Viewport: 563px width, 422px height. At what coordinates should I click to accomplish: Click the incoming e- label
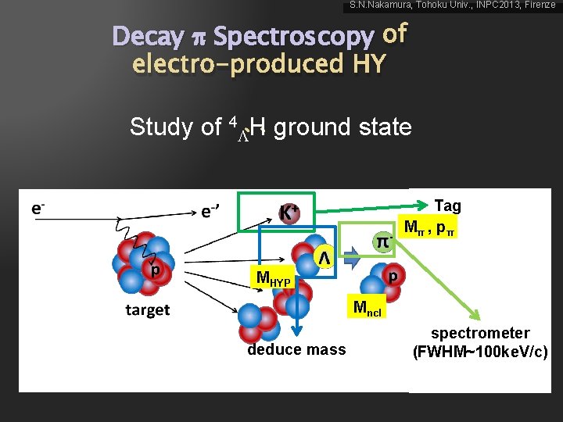pyautogui.click(x=38, y=208)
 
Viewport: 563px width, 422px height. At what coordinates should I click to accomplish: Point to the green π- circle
pyautogui.click(x=382, y=241)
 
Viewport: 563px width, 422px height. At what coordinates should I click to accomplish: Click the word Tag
pyautogui.click(x=447, y=206)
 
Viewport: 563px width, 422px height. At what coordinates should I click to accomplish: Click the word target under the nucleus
pyautogui.click(x=147, y=309)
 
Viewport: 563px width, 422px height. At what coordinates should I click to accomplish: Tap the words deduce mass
pyautogui.click(x=296, y=349)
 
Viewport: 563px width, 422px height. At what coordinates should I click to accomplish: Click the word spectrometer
pyautogui.click(x=480, y=333)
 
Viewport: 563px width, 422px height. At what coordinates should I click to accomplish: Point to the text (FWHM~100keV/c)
pyautogui.click(x=480, y=351)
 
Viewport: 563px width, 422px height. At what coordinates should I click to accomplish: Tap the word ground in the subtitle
pyautogui.click(x=310, y=127)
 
